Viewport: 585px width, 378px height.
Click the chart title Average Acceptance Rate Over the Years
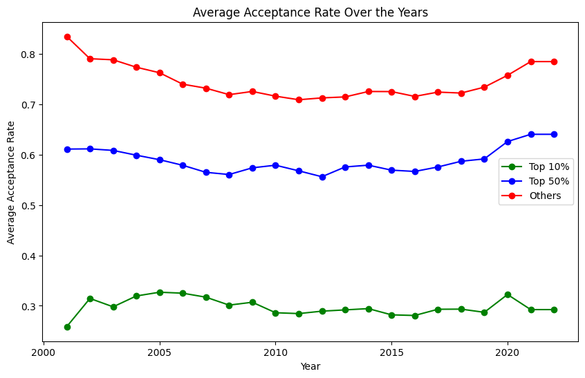tap(310, 12)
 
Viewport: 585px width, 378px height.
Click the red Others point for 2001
tap(67, 37)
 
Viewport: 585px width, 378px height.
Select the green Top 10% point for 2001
tap(67, 327)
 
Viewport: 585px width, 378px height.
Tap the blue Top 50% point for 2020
tap(508, 142)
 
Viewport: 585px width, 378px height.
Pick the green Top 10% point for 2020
tap(508, 294)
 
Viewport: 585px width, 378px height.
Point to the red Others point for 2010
tap(276, 96)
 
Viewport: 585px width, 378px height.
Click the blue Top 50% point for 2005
tap(160, 160)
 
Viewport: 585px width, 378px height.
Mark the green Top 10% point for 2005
tap(160, 292)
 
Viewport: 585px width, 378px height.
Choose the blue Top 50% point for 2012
tap(322, 177)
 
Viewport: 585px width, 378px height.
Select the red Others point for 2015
tap(392, 92)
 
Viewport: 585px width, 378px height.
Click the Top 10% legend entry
tap(535, 167)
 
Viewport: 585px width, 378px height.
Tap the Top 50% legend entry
tap(535, 181)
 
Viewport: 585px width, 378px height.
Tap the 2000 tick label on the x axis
tap(44, 352)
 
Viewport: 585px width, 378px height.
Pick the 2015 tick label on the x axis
tap(392, 352)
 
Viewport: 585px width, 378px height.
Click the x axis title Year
tap(310, 366)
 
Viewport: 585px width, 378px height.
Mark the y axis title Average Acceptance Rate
tap(10, 182)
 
